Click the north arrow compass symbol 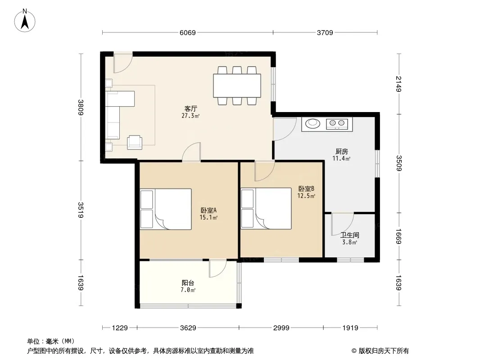tap(25, 21)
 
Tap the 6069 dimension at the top tap(187, 32)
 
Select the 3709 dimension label tap(325, 32)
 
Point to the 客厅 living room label tap(190, 108)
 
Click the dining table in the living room tap(237, 85)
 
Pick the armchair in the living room tap(135, 143)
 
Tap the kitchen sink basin tap(312, 123)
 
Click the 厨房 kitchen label tap(342, 151)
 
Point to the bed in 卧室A tap(166, 209)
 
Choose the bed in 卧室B tap(266, 209)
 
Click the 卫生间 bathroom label tap(349, 235)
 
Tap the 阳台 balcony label tap(188, 283)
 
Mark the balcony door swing tap(218, 269)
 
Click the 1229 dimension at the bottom tap(120, 328)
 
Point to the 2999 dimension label tap(281, 328)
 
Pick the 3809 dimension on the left tap(81, 108)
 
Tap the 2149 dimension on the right tap(398, 84)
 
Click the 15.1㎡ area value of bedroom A tap(208, 217)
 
